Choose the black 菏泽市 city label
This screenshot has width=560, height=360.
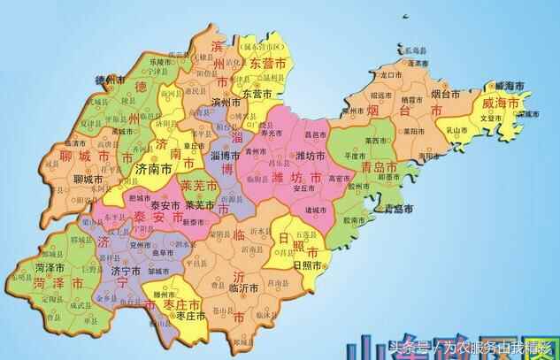(x=50, y=265)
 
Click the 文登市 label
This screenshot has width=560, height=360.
(x=490, y=116)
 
